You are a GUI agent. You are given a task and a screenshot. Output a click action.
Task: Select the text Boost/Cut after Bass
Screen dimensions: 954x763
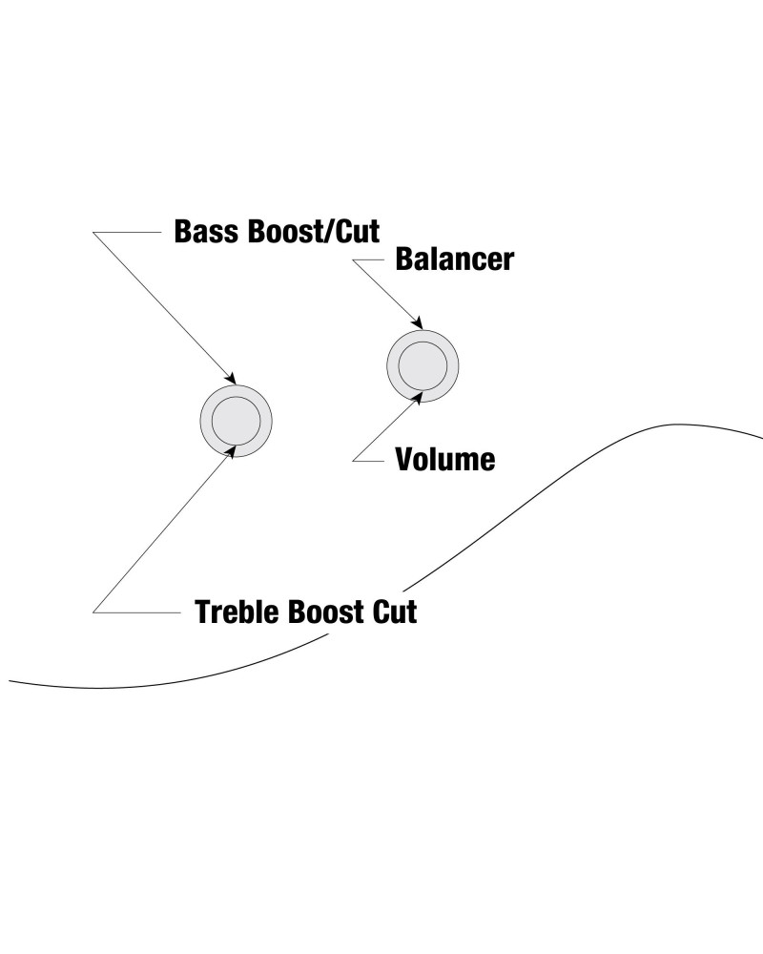click(x=311, y=232)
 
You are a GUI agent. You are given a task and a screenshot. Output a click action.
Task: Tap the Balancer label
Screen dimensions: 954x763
click(x=454, y=259)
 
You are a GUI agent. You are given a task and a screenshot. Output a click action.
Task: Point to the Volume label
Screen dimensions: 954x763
click(x=445, y=460)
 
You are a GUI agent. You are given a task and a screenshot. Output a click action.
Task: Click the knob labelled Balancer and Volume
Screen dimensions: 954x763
click(x=423, y=365)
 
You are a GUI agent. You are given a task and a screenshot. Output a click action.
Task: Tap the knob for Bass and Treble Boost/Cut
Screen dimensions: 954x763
click(x=237, y=421)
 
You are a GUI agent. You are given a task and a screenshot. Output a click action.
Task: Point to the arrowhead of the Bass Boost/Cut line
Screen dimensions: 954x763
click(x=229, y=377)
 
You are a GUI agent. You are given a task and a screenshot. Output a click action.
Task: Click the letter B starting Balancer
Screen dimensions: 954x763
click(x=403, y=259)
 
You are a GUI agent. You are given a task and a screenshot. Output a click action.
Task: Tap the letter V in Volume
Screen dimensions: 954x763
click(x=404, y=460)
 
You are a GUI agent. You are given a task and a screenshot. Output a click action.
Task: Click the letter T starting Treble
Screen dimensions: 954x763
click(x=203, y=611)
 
